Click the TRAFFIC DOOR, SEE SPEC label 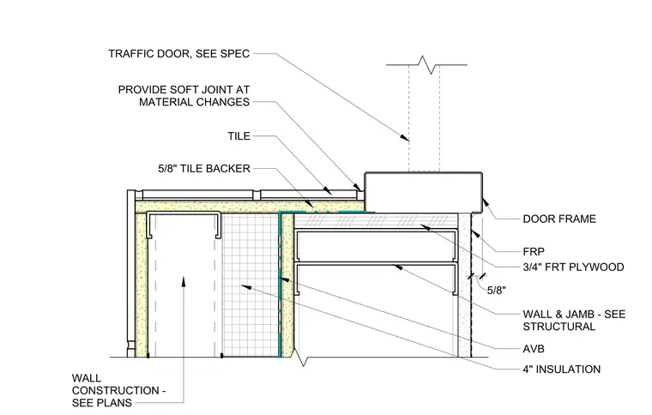(x=178, y=53)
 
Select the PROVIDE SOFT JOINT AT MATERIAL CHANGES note (x=184, y=96)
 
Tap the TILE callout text (x=239, y=136)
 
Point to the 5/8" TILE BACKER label (x=204, y=169)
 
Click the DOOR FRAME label (x=559, y=219)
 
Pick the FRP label (x=534, y=252)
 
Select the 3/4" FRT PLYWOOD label (x=573, y=268)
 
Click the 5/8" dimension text (x=497, y=291)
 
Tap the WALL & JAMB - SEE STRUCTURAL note (x=574, y=321)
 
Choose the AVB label (x=534, y=349)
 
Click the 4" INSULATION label (x=561, y=370)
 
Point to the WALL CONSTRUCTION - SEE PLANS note (x=119, y=390)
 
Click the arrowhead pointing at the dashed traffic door (x=404, y=137)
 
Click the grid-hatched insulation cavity (x=250, y=285)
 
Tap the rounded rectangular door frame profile (x=423, y=193)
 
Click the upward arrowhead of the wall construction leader (x=184, y=281)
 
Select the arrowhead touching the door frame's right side (x=486, y=202)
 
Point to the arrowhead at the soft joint (x=357, y=187)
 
